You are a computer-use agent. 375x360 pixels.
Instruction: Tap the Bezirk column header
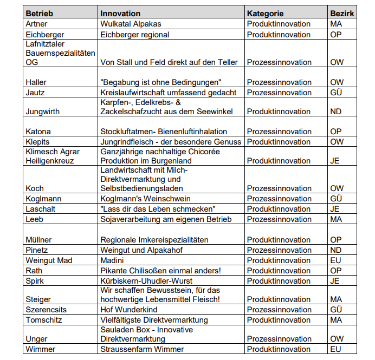click(x=341, y=14)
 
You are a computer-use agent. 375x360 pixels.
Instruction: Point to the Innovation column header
click(x=120, y=14)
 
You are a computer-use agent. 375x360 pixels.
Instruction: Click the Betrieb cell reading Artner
click(x=36, y=24)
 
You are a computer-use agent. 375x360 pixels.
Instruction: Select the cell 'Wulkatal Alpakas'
click(x=131, y=24)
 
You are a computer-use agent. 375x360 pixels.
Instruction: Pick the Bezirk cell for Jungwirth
click(x=336, y=112)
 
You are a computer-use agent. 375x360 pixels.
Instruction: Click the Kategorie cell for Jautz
click(x=279, y=93)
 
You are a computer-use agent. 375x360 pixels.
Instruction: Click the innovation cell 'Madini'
click(x=113, y=260)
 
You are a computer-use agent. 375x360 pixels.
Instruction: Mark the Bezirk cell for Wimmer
click(x=335, y=349)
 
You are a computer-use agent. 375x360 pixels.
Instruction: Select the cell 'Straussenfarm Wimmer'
click(x=142, y=349)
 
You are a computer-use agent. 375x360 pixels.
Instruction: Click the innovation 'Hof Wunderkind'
click(x=129, y=310)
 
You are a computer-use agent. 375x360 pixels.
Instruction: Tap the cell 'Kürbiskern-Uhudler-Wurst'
click(x=145, y=280)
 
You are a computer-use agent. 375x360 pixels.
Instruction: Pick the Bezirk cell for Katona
click(x=336, y=132)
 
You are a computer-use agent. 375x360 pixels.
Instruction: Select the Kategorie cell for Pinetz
click(x=279, y=250)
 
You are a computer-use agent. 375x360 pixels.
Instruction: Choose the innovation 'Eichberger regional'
click(x=135, y=35)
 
